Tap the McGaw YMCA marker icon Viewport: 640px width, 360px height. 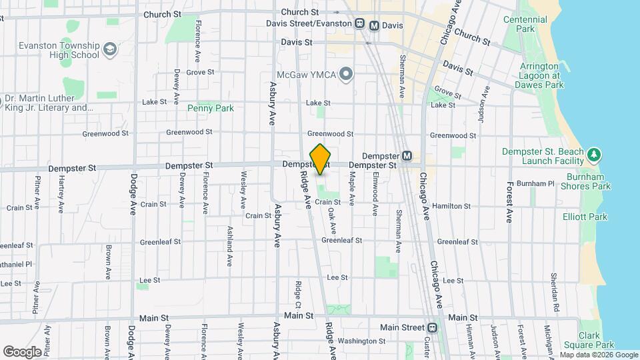click(x=345, y=73)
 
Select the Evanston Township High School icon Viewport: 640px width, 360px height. click(x=109, y=49)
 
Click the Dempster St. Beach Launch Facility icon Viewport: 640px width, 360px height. click(x=593, y=156)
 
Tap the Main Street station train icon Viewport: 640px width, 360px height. click(x=433, y=327)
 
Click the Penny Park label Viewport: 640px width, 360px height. click(x=211, y=108)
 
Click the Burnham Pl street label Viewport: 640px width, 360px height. click(x=540, y=183)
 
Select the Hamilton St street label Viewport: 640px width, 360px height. click(x=451, y=207)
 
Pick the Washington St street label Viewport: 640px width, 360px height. click(x=357, y=341)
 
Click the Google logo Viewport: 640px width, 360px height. click(x=22, y=351)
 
